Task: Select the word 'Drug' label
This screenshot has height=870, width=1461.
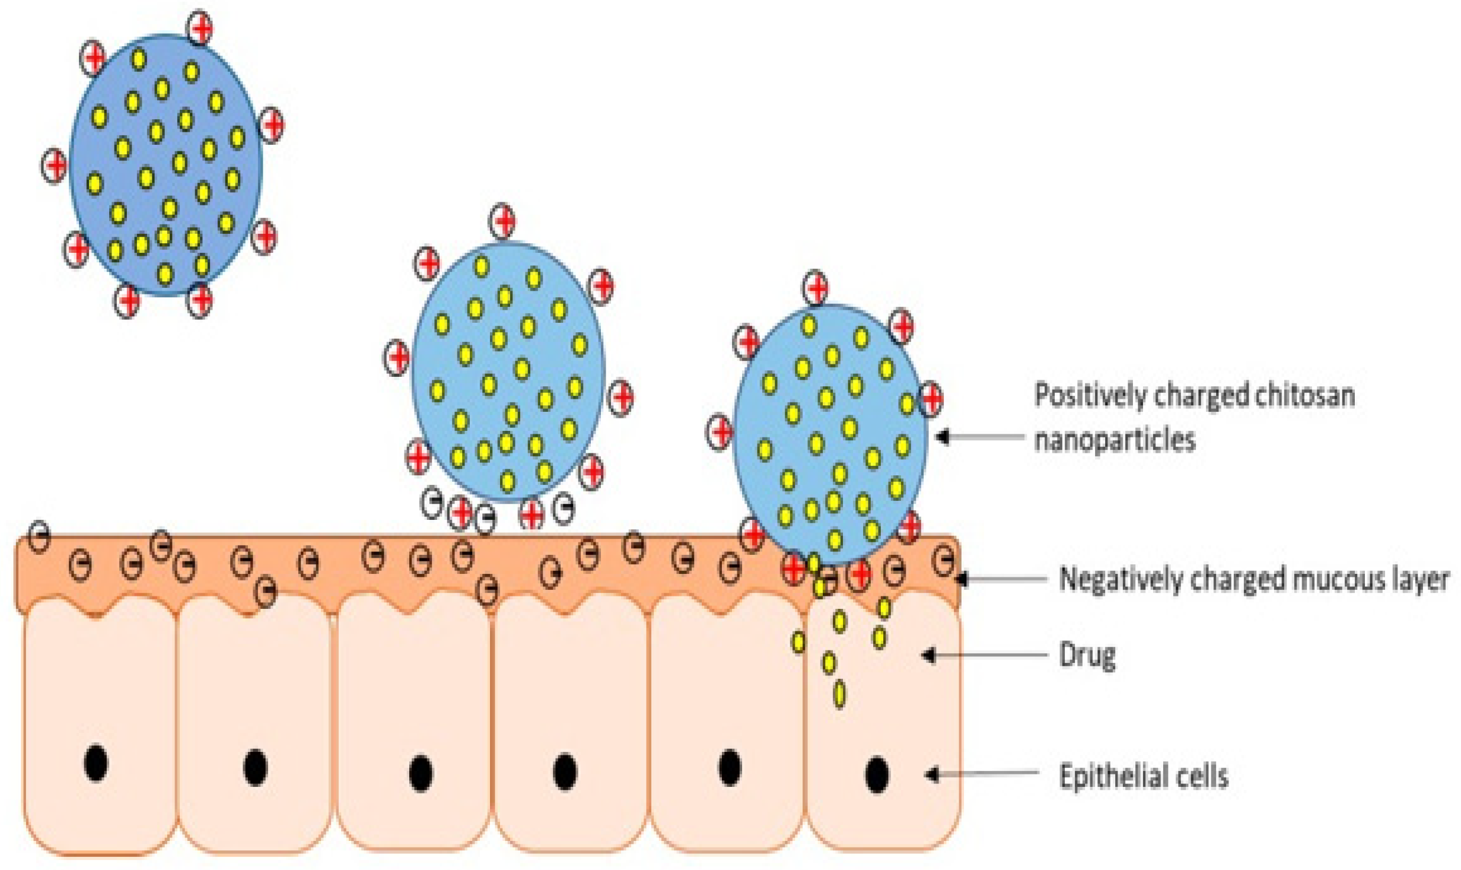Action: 1087,656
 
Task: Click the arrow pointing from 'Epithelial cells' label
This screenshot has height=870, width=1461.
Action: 982,774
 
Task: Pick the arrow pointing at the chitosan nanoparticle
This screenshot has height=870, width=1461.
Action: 979,437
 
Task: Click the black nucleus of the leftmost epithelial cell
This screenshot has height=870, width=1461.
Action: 96,764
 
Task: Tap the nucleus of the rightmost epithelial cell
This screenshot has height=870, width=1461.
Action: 877,774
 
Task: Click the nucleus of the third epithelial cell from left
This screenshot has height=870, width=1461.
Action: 421,773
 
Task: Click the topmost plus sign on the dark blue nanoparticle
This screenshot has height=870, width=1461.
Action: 200,27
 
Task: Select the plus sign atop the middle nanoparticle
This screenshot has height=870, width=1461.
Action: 502,221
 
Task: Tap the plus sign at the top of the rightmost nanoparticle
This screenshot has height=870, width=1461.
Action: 816,288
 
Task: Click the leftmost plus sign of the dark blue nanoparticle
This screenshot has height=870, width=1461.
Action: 54,166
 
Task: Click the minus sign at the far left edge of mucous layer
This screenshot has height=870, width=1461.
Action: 39,536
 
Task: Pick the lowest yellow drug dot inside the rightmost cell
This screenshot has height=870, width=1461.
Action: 839,694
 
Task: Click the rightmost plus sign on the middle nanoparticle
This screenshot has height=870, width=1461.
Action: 621,396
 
